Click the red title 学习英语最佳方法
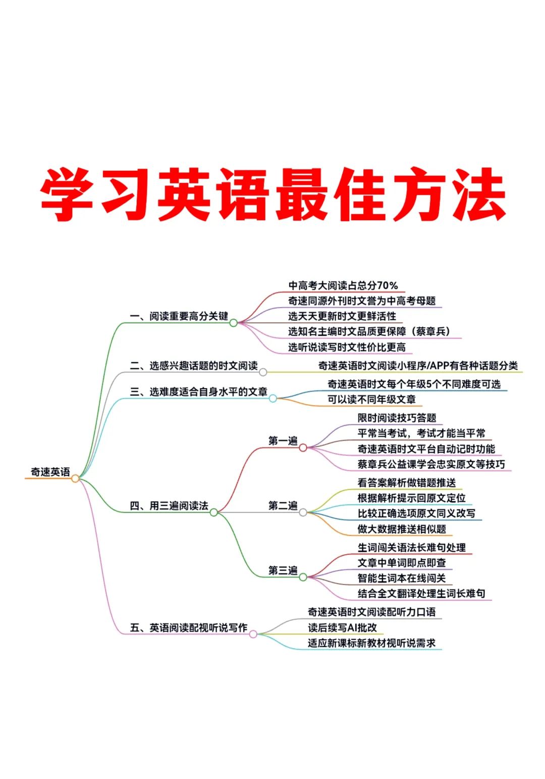tap(272, 194)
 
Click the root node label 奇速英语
tap(50, 472)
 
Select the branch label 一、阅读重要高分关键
tap(179, 316)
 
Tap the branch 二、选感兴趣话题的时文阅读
tap(193, 365)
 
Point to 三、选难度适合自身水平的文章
tap(198, 392)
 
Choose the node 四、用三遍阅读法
tap(169, 506)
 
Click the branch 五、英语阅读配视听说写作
tap(188, 627)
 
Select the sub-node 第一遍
tap(283, 441)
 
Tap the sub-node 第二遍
tap(283, 505)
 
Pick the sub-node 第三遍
tap(283, 570)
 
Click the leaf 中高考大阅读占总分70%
tap(343, 285)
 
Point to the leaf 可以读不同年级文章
tap(371, 400)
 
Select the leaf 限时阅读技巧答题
tap(397, 418)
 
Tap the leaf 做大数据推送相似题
tap(402, 529)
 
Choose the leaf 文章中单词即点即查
tap(402, 563)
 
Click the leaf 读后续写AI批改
tap(342, 627)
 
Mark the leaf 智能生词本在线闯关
tap(402, 578)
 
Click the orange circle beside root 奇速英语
tap(75, 478)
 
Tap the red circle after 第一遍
tap(303, 448)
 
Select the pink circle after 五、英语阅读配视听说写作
tap(253, 634)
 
